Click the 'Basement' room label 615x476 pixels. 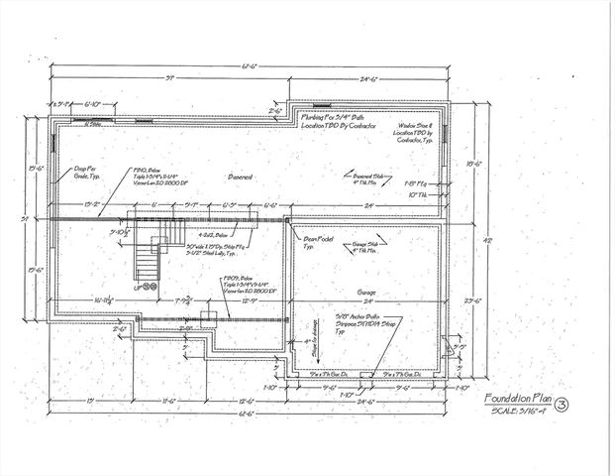(x=240, y=177)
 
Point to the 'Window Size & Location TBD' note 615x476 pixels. (x=414, y=135)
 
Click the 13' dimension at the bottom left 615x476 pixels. (x=90, y=401)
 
